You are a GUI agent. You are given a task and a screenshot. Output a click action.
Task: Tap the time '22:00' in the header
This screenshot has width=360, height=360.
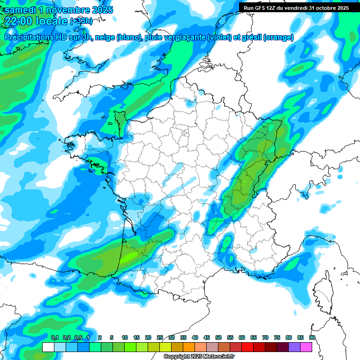click(x=18, y=21)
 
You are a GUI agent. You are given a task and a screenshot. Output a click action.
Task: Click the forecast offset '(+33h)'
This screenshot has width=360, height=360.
click(x=81, y=21)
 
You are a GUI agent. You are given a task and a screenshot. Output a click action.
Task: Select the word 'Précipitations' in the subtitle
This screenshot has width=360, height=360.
click(x=32, y=37)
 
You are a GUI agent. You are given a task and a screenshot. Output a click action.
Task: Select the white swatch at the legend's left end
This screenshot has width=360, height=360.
click(x=48, y=347)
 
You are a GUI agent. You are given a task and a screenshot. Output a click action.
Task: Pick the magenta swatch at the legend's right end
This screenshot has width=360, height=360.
click(x=306, y=347)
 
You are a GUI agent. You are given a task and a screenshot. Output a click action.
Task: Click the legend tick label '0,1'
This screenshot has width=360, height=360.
click(x=54, y=338)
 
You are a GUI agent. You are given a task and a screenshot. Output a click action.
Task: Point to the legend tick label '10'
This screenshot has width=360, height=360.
click(x=125, y=338)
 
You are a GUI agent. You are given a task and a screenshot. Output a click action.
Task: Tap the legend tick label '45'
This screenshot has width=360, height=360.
click(x=207, y=338)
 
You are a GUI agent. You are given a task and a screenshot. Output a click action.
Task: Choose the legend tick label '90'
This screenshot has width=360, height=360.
click(x=312, y=338)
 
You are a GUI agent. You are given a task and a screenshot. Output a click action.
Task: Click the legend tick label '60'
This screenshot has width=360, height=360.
click(x=242, y=338)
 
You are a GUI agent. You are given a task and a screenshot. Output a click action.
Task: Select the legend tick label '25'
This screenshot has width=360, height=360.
click(x=160, y=338)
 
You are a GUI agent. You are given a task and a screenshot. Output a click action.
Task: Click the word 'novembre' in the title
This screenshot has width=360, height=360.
click(x=67, y=10)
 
